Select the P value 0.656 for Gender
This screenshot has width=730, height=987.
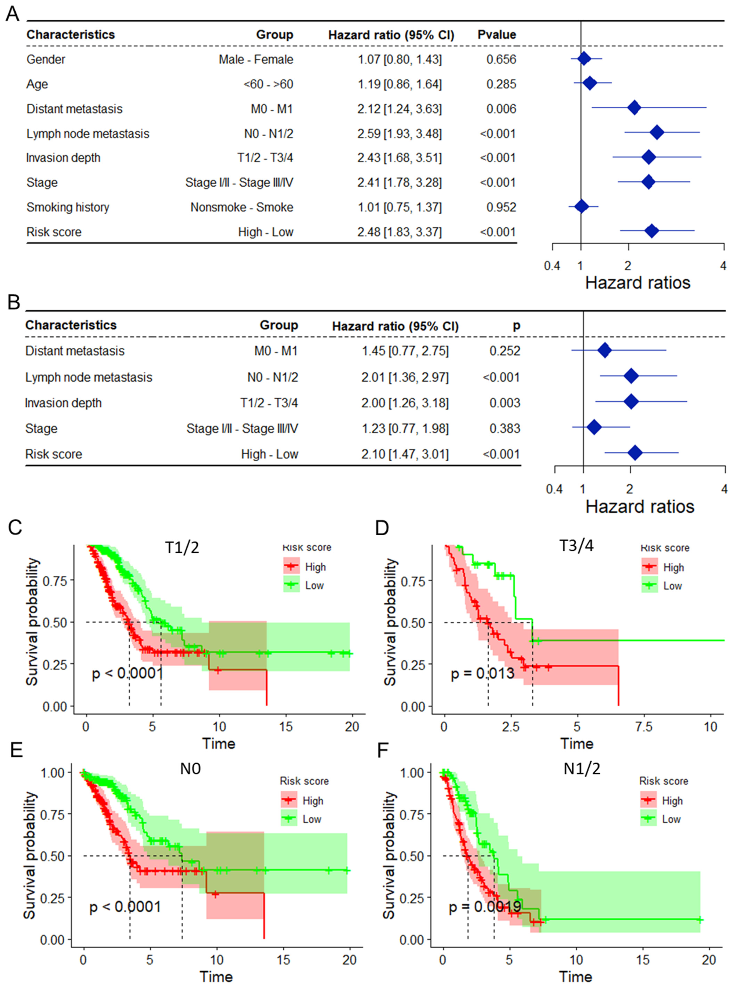tap(501, 59)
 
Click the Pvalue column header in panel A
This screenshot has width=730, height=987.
tap(497, 35)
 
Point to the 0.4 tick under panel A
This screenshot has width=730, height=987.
tap(552, 266)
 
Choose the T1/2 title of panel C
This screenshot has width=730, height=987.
tap(182, 547)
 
